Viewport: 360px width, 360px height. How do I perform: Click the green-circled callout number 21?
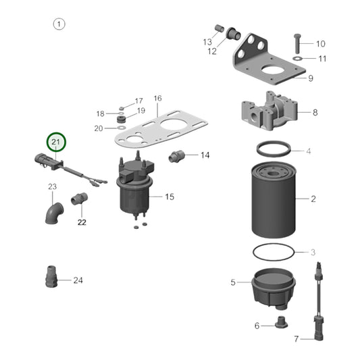click(x=57, y=143)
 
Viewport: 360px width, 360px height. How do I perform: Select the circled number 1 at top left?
click(x=59, y=25)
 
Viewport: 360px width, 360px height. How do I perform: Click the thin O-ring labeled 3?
click(x=274, y=252)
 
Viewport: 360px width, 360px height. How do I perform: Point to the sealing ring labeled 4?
click(x=274, y=150)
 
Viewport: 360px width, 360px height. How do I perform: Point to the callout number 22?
click(x=82, y=222)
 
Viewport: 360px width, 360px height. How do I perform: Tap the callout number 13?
click(x=208, y=42)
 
